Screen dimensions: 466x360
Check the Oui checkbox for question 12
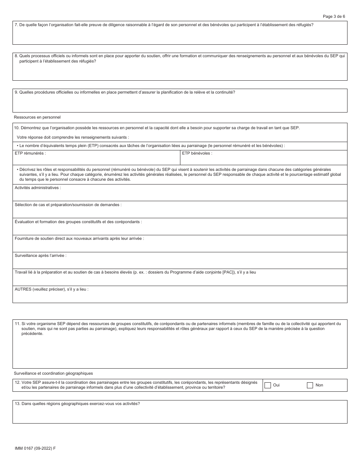pyautogui.click(x=268, y=385)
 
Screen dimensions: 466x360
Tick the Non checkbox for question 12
pyautogui.click(x=310, y=385)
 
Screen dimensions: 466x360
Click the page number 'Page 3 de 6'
pyautogui.click(x=333, y=16)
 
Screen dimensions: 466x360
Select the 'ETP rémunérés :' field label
pyautogui.click(x=30, y=153)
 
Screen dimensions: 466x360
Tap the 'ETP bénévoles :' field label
pyautogui.click(x=197, y=153)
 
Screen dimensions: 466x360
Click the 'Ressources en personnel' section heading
pyautogui.click(x=37, y=117)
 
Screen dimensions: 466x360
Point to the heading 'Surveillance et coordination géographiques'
pyautogui.click(x=53, y=373)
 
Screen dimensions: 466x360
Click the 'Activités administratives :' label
pyautogui.click(x=38, y=188)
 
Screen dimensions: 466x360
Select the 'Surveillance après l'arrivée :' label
pyautogui.click(x=41, y=256)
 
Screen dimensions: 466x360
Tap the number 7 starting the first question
pyautogui.click(x=16, y=25)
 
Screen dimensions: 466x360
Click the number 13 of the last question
pyautogui.click(x=17, y=403)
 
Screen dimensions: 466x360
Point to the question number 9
pyautogui.click(x=16, y=92)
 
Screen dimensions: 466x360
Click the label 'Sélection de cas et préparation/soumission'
pyautogui.click(x=68, y=205)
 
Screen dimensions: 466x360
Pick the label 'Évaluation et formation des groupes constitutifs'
pyautogui.click(x=78, y=222)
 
